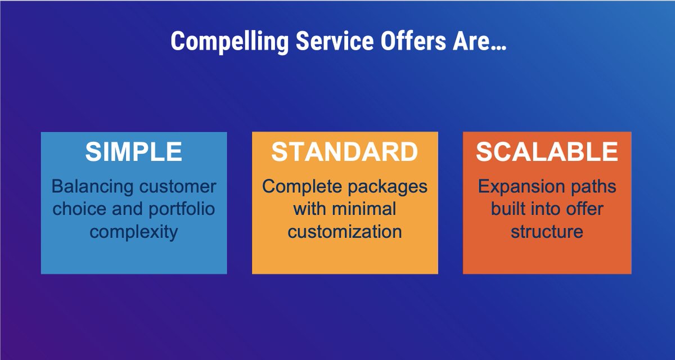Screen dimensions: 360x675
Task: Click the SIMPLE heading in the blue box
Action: point(134,152)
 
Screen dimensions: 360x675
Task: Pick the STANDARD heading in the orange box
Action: point(345,152)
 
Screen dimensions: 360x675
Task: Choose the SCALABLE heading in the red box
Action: point(547,152)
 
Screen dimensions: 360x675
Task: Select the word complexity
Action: point(134,231)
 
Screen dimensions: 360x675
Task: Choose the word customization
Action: point(345,231)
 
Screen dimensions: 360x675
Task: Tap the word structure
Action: point(547,231)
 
